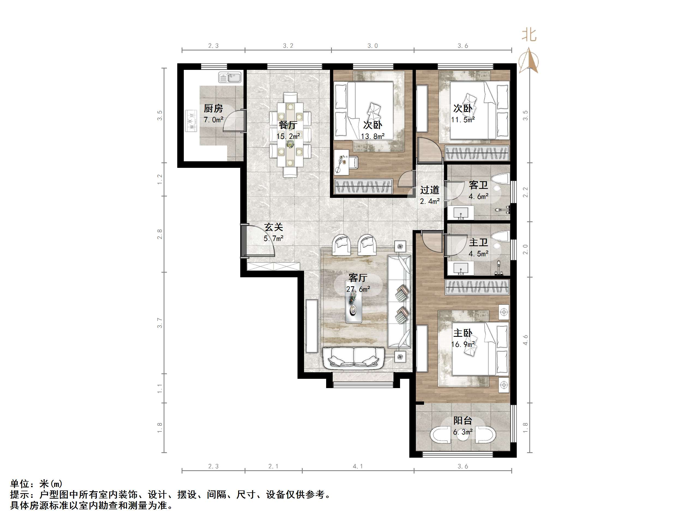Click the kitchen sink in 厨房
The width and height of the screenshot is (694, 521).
(x=230, y=77)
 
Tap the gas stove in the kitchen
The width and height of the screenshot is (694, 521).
(x=190, y=121)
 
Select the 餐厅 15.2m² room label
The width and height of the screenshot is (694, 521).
(x=288, y=130)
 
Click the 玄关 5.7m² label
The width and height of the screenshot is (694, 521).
(x=274, y=233)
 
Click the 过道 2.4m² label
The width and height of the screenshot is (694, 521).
(x=429, y=195)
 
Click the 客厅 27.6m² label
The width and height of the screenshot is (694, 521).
(x=358, y=283)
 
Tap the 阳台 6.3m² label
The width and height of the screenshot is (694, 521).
(x=462, y=426)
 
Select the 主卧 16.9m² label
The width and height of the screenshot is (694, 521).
(x=463, y=338)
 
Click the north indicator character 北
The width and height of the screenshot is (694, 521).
(x=529, y=35)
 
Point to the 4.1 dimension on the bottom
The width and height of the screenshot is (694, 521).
(x=358, y=466)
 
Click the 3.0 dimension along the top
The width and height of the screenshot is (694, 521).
(x=372, y=46)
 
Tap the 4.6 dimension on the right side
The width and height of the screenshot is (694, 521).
(x=525, y=340)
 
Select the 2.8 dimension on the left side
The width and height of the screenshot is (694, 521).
(x=160, y=234)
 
